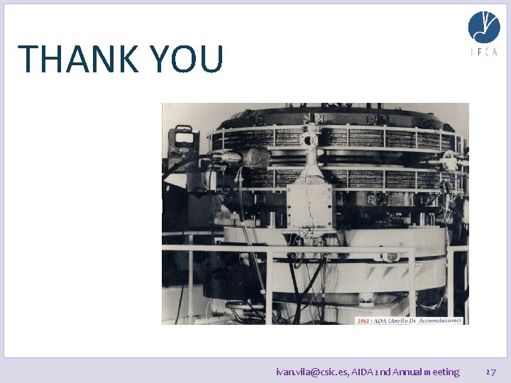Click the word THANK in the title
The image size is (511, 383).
point(77,60)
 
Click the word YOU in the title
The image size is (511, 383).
point(187,60)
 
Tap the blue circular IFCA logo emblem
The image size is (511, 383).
point(483,27)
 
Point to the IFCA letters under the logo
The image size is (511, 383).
point(483,52)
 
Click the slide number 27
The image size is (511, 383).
point(490,372)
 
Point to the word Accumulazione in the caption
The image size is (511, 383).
point(439,321)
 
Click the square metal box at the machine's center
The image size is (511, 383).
point(309,206)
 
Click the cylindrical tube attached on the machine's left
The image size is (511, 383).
point(226,156)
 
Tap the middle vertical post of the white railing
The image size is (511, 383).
point(269,284)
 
